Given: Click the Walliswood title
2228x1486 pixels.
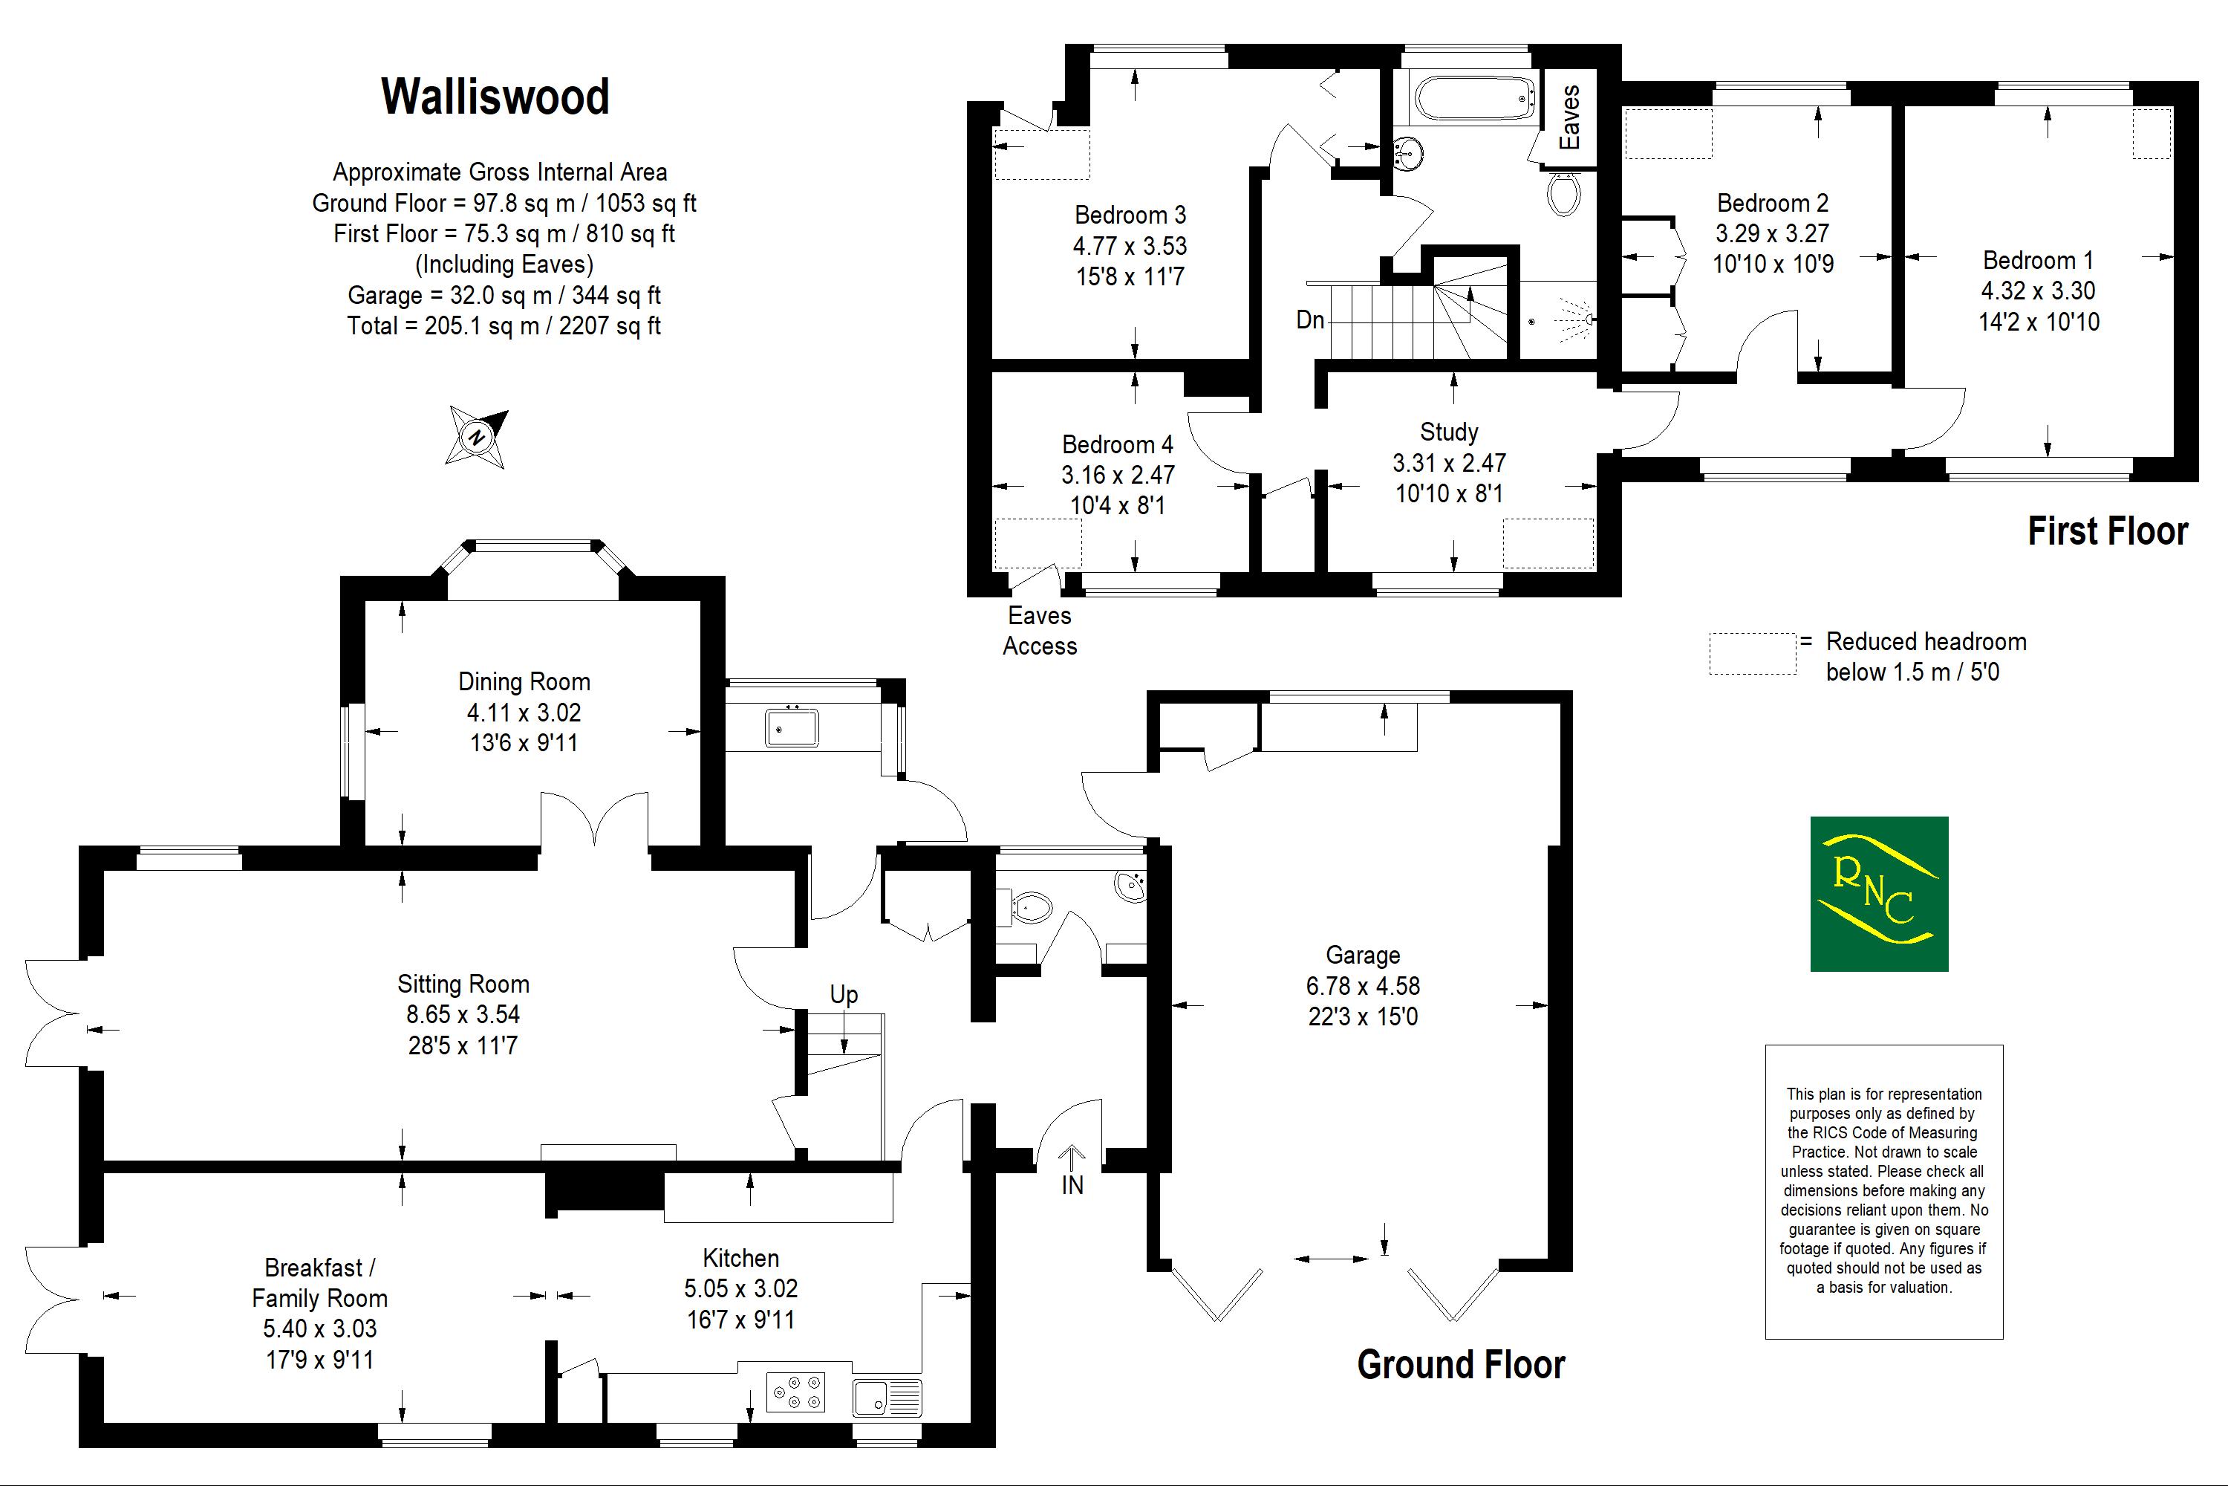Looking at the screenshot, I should point(495,97).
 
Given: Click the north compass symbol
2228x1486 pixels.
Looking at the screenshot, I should point(478,437).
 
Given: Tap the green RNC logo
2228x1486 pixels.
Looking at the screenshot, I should point(1878,894).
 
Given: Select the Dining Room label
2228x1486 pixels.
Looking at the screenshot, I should point(524,681).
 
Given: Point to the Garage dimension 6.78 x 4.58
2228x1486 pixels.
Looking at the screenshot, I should point(1362,986).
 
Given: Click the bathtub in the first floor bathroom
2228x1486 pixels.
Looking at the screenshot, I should point(1474,97).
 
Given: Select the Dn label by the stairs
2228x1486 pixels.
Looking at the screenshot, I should point(1310,320).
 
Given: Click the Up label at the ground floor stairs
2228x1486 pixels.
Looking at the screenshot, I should point(843,994).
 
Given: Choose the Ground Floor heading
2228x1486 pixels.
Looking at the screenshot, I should point(1461,1365).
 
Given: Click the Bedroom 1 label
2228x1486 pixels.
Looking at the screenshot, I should point(2038,261).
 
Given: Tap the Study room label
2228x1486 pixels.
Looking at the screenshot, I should point(1448,432).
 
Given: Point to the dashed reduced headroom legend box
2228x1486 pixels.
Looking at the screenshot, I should point(1753,654).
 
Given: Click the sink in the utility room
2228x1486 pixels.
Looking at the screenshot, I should point(792,728).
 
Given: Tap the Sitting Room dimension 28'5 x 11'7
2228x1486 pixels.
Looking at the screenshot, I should point(462,1045).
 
